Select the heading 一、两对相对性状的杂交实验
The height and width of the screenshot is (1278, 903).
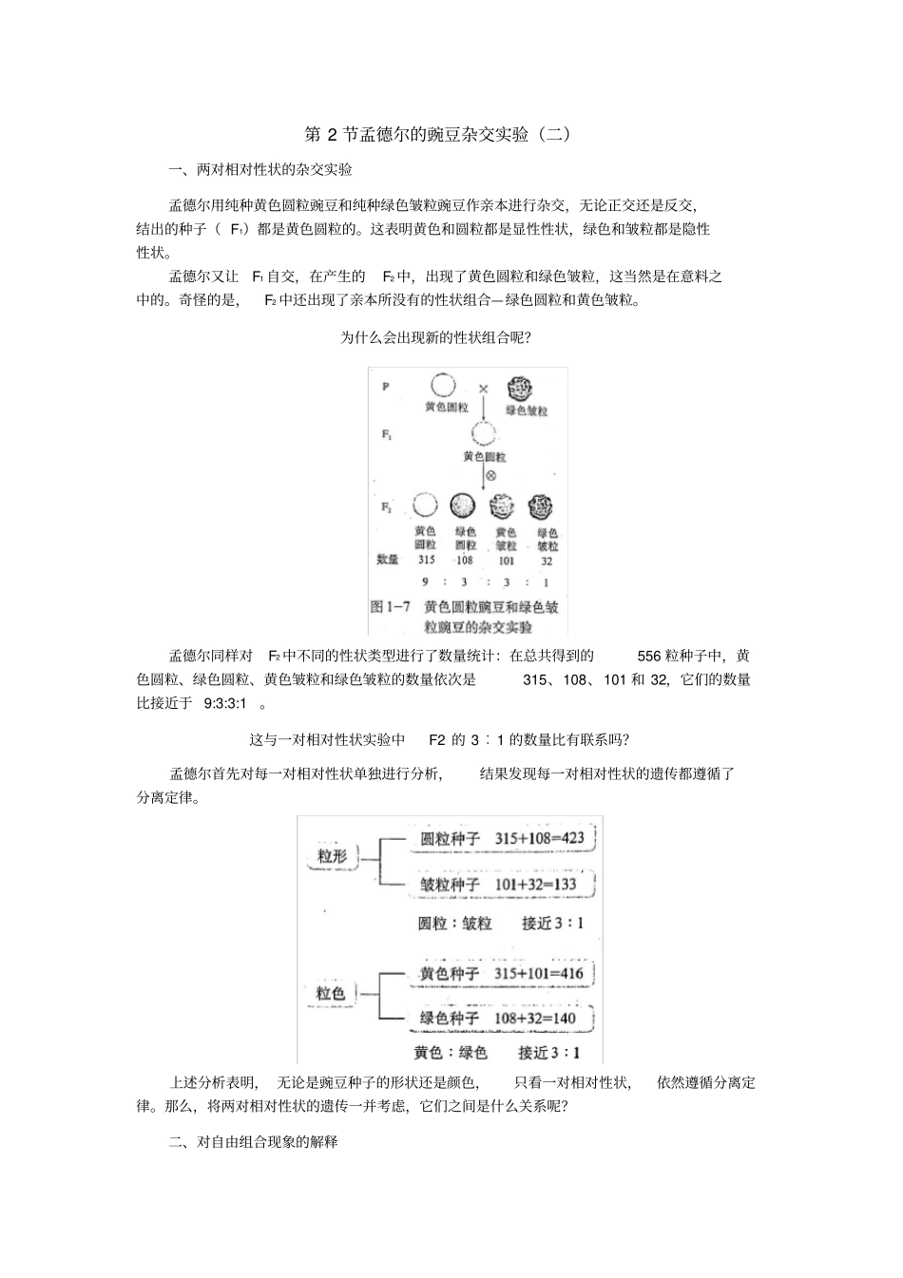[260, 170]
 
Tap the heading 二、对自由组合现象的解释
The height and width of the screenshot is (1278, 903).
[253, 1142]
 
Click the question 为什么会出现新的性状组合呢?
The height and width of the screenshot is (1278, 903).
[435, 337]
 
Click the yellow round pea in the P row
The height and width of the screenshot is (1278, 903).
[444, 386]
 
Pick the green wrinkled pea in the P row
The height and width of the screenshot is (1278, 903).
[520, 389]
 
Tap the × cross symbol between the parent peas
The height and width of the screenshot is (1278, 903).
[483, 389]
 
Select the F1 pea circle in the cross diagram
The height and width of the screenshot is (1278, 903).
[484, 433]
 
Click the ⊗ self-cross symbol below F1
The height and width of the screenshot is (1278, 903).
[490, 475]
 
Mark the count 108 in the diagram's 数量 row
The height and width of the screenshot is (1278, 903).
[464, 561]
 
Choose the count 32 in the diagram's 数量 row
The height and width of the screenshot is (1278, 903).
[547, 561]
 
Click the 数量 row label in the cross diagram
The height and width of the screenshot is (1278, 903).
[388, 561]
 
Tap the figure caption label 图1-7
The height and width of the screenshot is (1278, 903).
[390, 607]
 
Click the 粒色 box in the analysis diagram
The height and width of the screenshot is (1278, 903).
[331, 993]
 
